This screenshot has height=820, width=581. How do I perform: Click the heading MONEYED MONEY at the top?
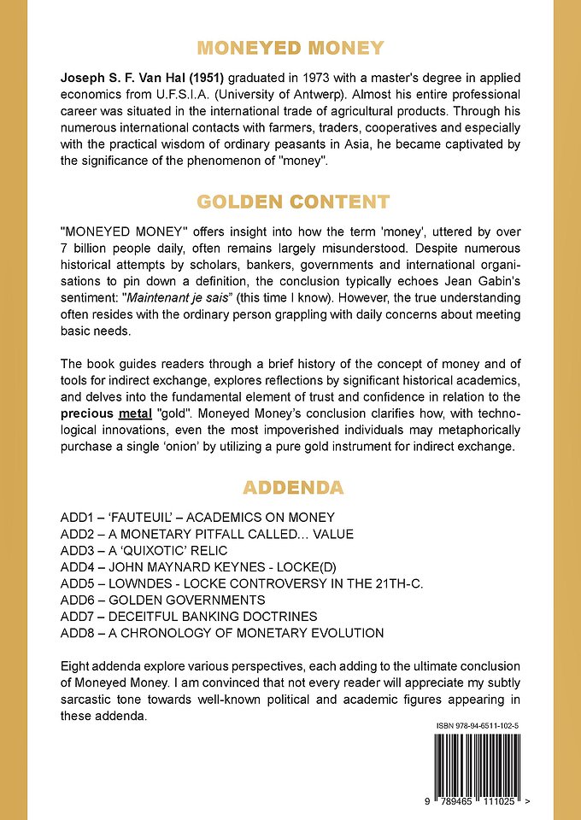tap(290, 48)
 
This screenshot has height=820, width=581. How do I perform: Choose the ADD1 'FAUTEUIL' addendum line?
tap(197, 518)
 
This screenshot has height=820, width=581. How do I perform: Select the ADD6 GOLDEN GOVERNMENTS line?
tap(183, 600)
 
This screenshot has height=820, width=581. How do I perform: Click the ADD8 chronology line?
tap(222, 633)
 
